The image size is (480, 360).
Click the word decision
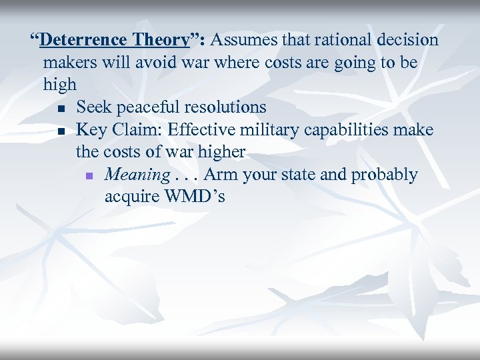tap(407, 40)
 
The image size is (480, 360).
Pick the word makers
tap(67, 63)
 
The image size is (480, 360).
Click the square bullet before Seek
tap(61, 108)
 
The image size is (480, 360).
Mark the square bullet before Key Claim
tap(61, 131)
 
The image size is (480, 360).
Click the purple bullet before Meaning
tap(90, 176)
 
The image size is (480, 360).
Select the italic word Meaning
tap(137, 175)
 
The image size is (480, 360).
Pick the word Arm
tap(219, 175)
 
